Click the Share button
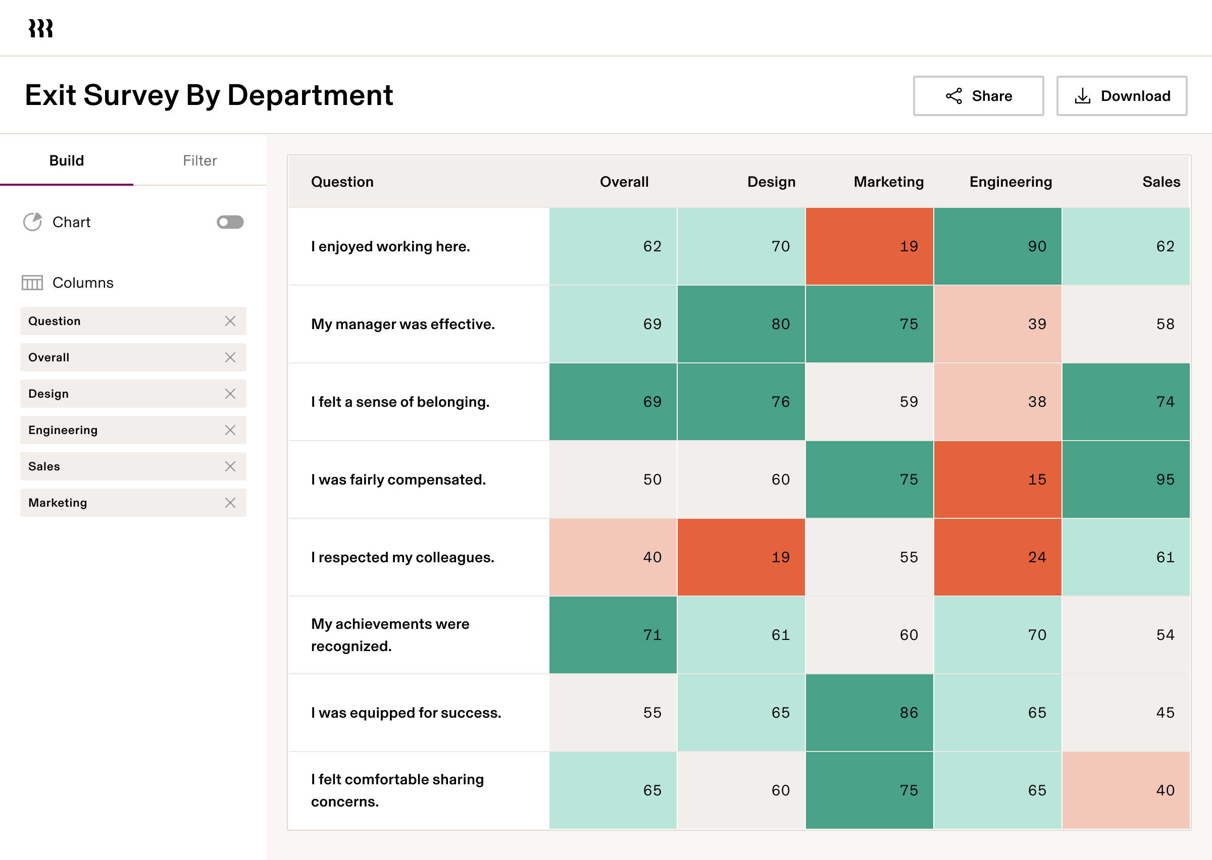pos(978,96)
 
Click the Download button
pos(1122,96)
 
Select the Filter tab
pos(199,160)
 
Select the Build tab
pos(67,160)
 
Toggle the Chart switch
pos(230,222)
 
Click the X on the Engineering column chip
pos(230,430)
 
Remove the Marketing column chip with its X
pos(230,503)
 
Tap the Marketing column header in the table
pos(888,182)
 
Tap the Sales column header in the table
pos(1160,182)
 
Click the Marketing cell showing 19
pos(869,246)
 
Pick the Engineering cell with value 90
pos(997,246)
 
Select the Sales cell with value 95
pos(1126,479)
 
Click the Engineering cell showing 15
pos(997,479)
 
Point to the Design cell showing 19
pos(741,557)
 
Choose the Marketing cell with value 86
pos(869,712)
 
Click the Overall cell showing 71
pos(613,634)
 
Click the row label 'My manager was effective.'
pos(402,324)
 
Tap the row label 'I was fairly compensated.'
pos(398,479)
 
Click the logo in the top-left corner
pos(41,28)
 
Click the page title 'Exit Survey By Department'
pos(209,95)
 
